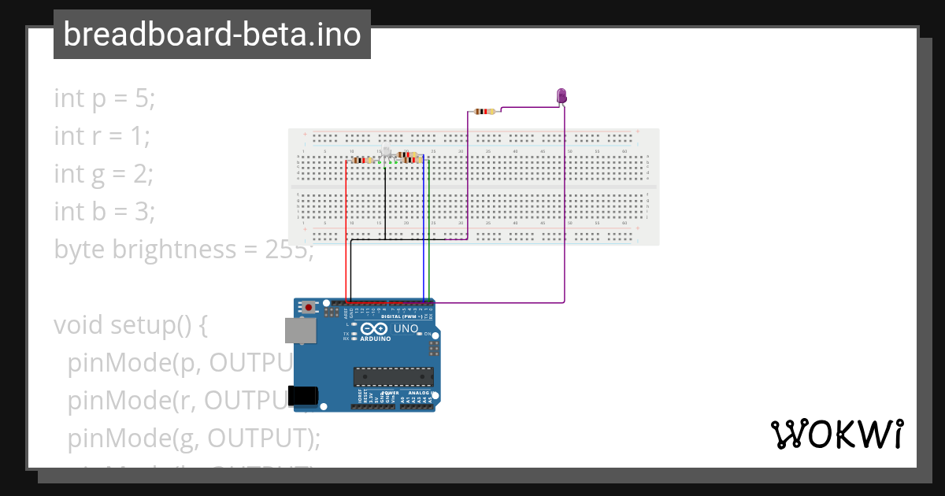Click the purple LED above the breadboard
click(561, 96)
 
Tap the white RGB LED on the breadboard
click(386, 152)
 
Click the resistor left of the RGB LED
click(362, 160)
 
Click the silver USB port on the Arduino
click(300, 331)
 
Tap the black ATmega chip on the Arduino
click(393, 378)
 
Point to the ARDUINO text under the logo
click(376, 339)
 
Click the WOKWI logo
click(836, 435)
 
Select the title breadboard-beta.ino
click(212, 35)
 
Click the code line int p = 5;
click(105, 98)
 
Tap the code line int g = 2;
click(103, 174)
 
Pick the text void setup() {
click(130, 324)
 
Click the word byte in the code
click(80, 250)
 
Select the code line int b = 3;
click(104, 212)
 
